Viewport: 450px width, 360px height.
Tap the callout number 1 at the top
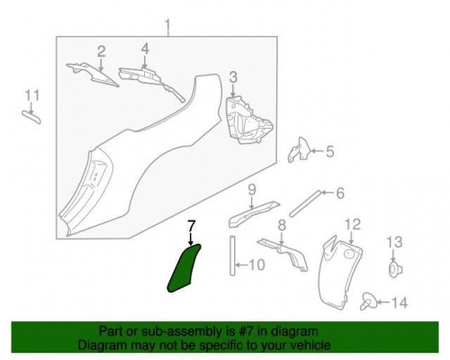click(x=167, y=27)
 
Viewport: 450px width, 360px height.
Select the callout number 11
click(x=32, y=95)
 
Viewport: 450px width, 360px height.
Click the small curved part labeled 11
click(x=31, y=116)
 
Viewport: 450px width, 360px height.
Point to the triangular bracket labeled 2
click(x=93, y=75)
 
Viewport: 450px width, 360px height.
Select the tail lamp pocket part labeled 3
click(x=247, y=121)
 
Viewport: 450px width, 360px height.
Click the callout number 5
click(x=329, y=152)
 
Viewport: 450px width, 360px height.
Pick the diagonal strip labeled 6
click(x=305, y=203)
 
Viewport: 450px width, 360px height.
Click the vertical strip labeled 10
click(x=233, y=256)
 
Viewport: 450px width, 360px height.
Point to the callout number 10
click(x=257, y=265)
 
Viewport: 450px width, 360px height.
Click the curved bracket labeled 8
click(x=285, y=255)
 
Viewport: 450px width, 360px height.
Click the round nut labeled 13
click(x=395, y=269)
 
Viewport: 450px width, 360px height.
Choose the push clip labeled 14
click(x=367, y=301)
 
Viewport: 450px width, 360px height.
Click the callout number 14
click(x=399, y=302)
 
